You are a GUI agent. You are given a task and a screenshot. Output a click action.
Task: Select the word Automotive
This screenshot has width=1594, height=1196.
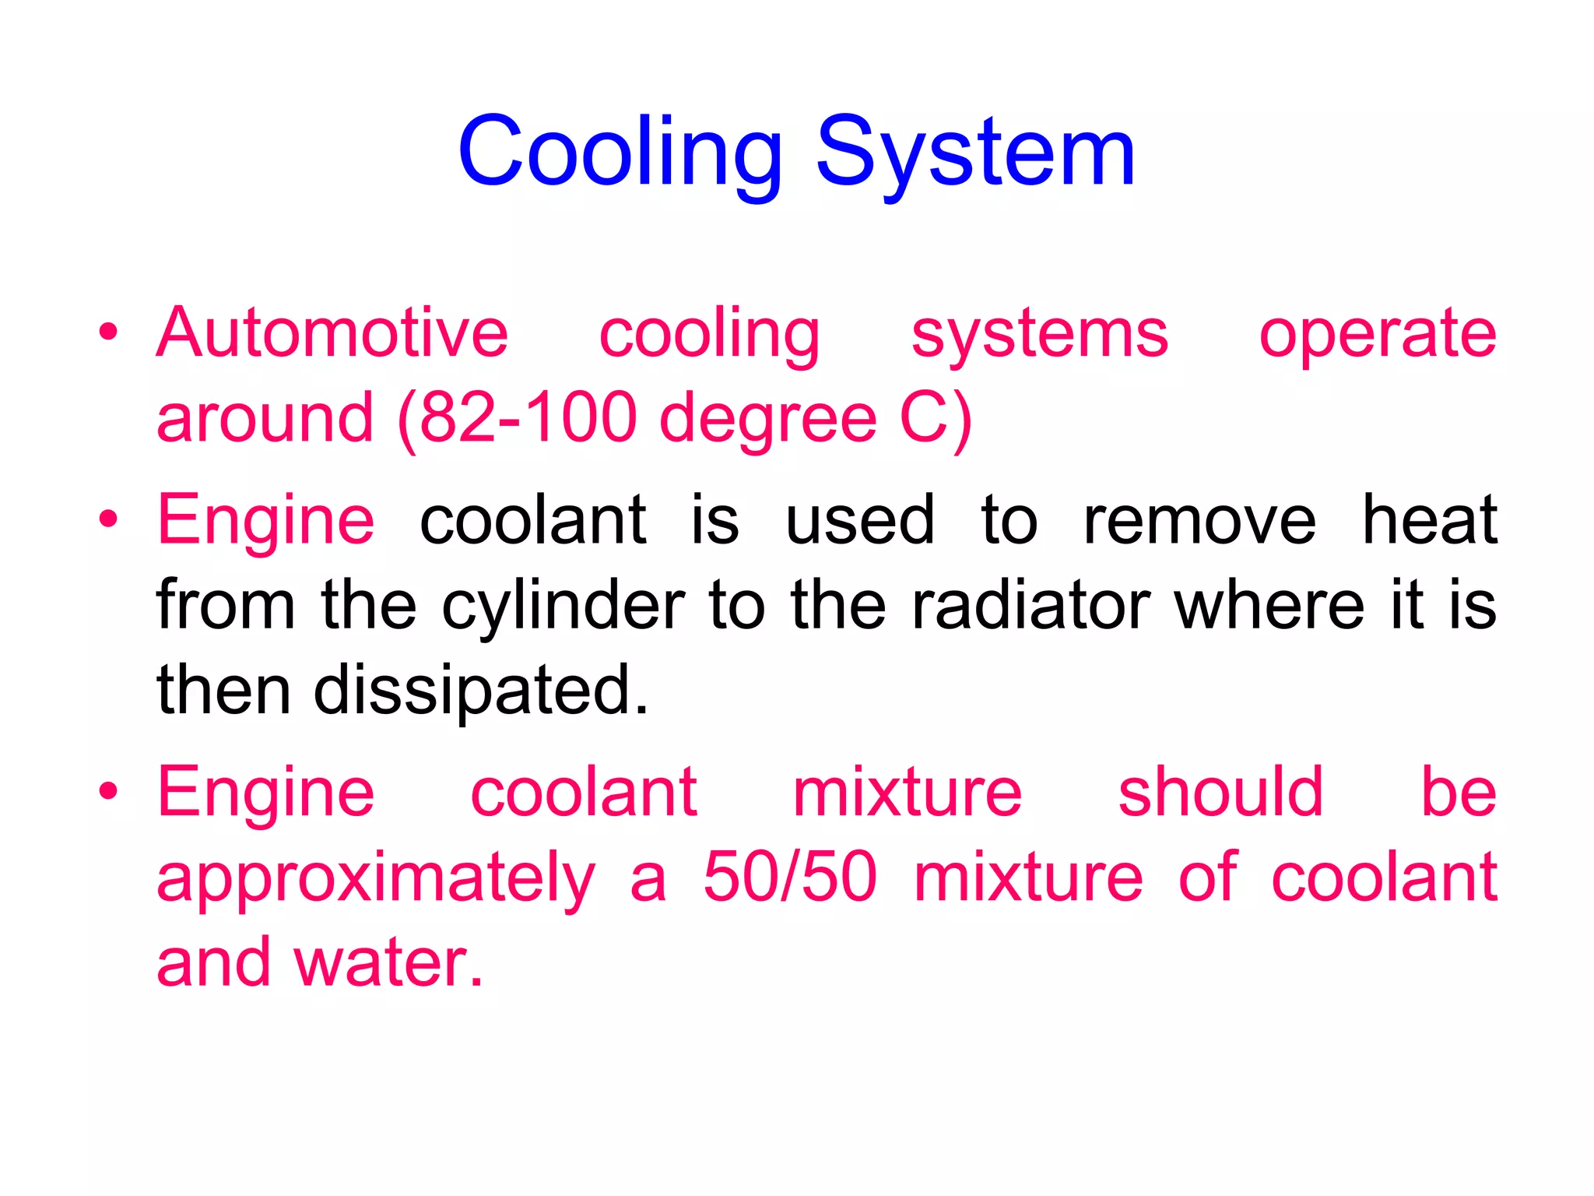click(332, 333)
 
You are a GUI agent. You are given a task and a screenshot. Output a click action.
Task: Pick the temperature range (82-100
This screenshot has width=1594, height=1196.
click(516, 418)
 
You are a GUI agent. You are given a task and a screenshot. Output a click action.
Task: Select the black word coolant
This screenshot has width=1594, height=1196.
click(533, 520)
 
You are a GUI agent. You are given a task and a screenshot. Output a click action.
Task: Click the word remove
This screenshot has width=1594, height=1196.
click(1199, 520)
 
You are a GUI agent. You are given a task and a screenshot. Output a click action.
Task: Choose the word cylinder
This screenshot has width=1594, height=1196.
click(564, 606)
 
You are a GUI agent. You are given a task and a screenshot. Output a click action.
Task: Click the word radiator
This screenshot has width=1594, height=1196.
click(1031, 604)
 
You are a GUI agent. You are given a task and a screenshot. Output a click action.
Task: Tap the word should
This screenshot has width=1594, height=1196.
click(1220, 792)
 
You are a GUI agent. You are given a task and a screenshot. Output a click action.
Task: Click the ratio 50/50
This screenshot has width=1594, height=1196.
click(790, 877)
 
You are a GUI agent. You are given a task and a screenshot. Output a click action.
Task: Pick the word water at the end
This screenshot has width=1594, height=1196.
click(388, 963)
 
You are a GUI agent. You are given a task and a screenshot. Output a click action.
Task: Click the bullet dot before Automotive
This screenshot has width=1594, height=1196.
click(109, 332)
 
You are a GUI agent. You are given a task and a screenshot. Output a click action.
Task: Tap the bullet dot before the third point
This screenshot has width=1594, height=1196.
click(109, 792)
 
